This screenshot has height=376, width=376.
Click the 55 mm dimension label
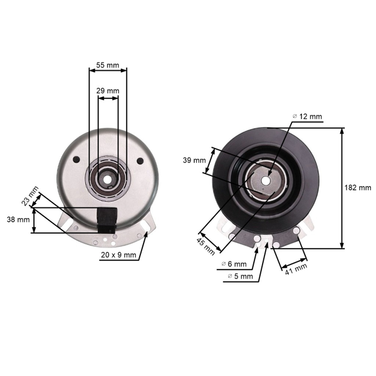pyautogui.click(x=108, y=65)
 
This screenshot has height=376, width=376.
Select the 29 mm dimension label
pyautogui.click(x=108, y=91)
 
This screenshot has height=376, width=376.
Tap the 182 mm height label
pyautogui.click(x=358, y=187)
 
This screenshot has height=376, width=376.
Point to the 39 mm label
pyautogui.click(x=194, y=160)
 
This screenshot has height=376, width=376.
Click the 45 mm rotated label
pyautogui.click(x=206, y=247)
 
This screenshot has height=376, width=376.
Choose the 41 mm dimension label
pyautogui.click(x=296, y=269)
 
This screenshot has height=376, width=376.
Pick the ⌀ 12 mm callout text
pyautogui.click(x=307, y=117)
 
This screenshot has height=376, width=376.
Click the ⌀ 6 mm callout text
pyautogui.click(x=234, y=264)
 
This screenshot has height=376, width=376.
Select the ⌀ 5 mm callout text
pyautogui.click(x=240, y=276)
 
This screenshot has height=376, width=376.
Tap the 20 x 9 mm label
pyautogui.click(x=118, y=255)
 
